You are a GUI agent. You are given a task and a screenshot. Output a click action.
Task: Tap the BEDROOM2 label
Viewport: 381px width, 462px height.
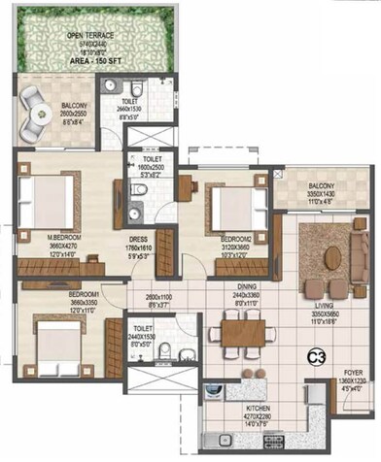pos(236,237)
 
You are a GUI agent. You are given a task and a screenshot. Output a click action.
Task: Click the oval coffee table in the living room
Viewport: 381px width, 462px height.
pos(332,255)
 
